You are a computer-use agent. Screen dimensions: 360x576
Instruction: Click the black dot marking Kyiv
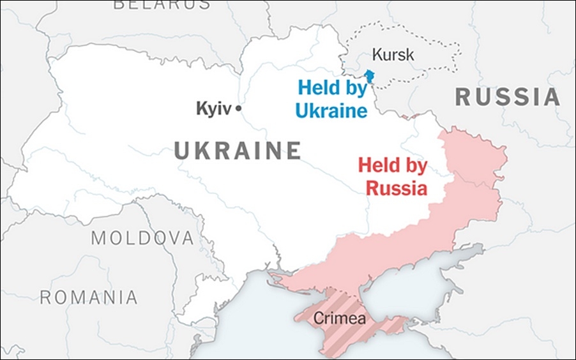(238, 109)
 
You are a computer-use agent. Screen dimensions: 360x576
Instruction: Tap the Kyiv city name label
(213, 109)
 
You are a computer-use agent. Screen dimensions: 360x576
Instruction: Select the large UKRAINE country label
(238, 151)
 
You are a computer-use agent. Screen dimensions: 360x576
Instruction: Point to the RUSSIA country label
(507, 97)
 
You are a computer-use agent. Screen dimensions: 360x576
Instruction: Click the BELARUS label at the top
(162, 4)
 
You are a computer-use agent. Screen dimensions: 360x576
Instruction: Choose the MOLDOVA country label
(142, 238)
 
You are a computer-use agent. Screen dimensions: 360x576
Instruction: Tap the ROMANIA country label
(89, 297)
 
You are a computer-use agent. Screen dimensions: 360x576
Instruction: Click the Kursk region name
(393, 55)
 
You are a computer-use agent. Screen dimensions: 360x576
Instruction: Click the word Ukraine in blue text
(331, 110)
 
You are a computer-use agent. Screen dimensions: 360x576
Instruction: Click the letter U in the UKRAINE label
(183, 151)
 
